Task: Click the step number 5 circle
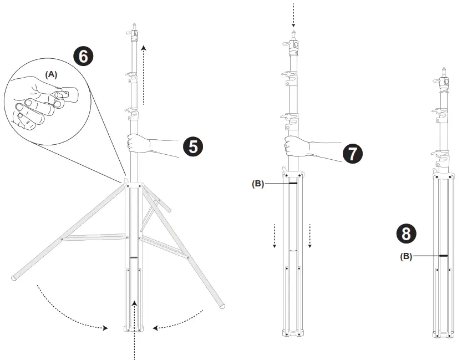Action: (193, 146)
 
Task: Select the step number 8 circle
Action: (406, 234)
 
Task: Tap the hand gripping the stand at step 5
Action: (138, 143)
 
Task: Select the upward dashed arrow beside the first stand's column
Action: (144, 75)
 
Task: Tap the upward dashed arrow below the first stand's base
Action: (134, 330)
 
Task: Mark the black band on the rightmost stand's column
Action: (443, 256)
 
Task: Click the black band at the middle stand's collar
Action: (293, 183)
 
